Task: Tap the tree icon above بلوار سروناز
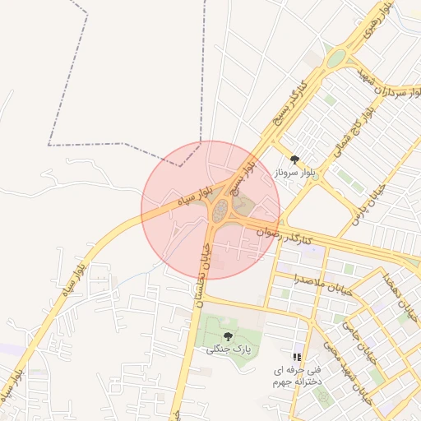point(295,160)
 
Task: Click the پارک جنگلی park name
point(228,349)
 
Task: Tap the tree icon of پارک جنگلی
point(228,335)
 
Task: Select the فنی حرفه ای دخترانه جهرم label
point(298,377)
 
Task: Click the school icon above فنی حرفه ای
point(297,358)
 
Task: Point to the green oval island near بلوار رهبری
point(335,59)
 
